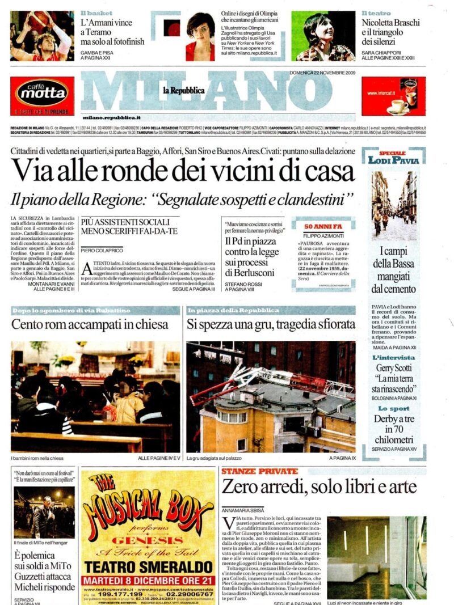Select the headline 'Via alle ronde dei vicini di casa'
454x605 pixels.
pos(183,170)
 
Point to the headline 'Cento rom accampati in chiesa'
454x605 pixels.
pos(90,324)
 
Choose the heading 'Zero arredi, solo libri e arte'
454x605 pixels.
pos(319,486)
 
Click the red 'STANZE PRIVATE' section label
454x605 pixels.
pos(259,471)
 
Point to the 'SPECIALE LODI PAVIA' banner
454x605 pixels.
pos(393,157)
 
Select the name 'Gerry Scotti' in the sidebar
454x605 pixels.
pos(392,368)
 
